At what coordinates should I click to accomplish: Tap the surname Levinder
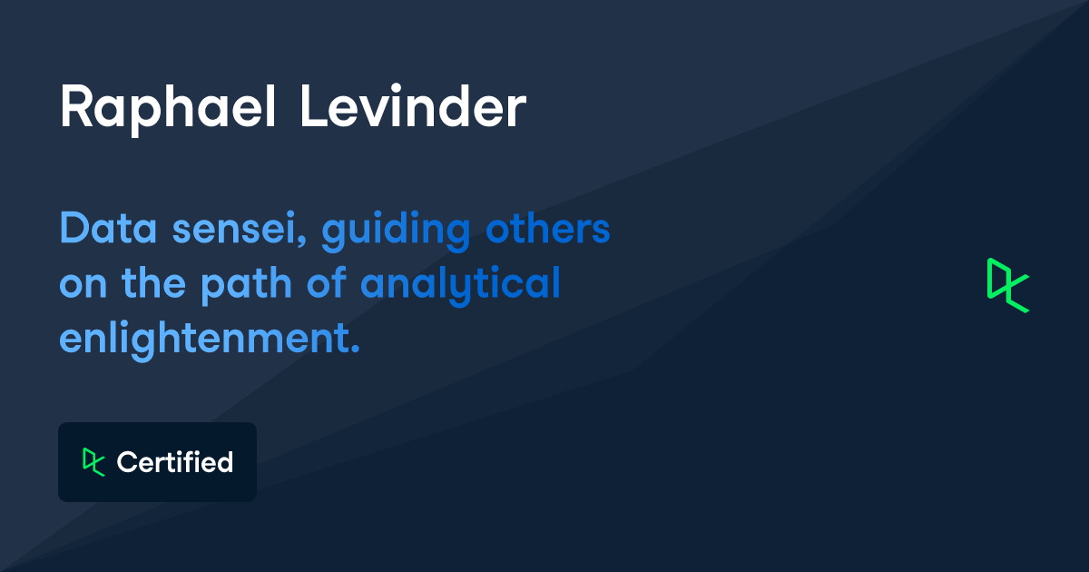click(413, 109)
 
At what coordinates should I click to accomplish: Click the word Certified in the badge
click(175, 462)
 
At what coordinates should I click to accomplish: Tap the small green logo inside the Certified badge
click(93, 461)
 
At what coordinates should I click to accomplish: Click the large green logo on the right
click(1007, 285)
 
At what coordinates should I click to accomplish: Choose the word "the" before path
click(153, 285)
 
